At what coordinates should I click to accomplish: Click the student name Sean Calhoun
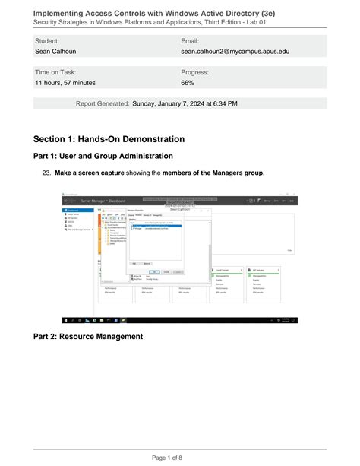[x=56, y=52]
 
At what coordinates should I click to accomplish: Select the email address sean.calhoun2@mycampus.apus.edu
[x=235, y=52]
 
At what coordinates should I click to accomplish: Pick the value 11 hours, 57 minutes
[x=65, y=83]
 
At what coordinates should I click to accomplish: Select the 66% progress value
[x=188, y=83]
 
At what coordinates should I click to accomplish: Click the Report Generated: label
[x=103, y=103]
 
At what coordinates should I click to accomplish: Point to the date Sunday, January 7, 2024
[x=175, y=103]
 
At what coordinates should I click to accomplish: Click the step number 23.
[x=46, y=173]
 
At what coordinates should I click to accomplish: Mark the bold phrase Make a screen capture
[x=84, y=173]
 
